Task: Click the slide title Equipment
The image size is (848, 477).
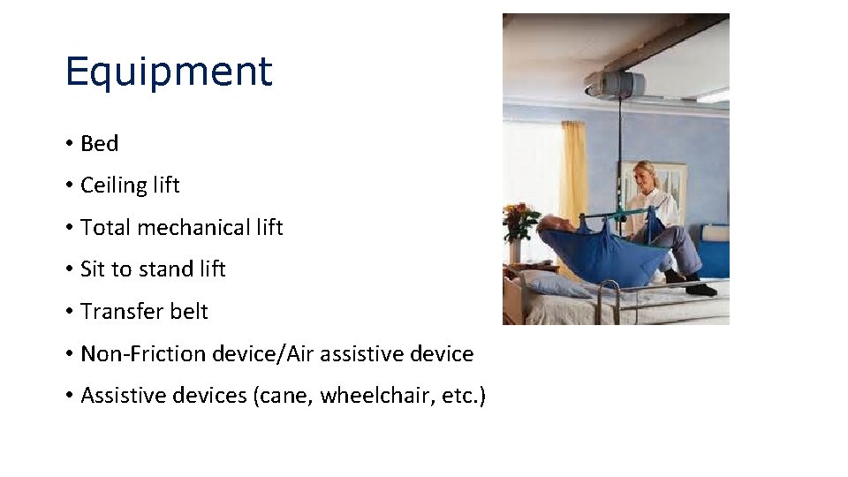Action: pos(169,72)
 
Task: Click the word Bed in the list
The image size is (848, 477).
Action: pos(99,143)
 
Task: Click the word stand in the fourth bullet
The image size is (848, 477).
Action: pos(166,269)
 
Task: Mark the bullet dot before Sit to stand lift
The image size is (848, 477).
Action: pos(69,269)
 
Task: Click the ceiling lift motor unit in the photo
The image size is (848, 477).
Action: pos(615,84)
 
